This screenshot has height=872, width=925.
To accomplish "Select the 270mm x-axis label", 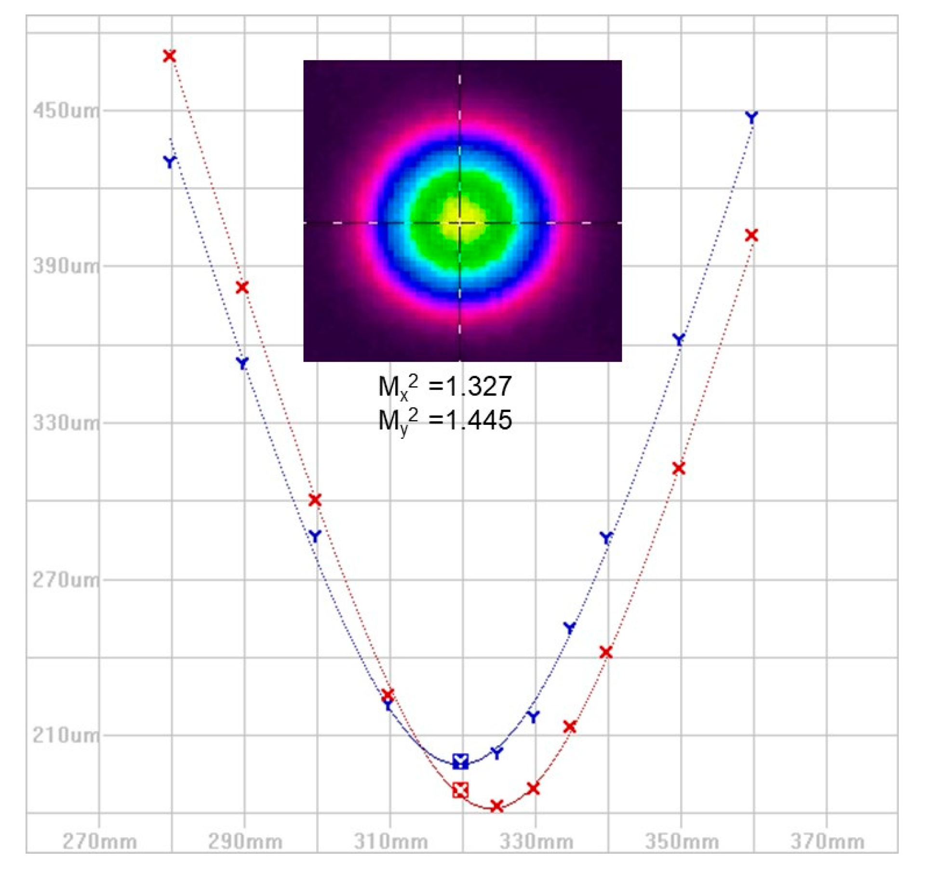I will [x=99, y=842].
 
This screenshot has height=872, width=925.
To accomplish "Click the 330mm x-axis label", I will [x=536, y=842].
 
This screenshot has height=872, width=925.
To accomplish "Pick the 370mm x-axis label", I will [x=827, y=842].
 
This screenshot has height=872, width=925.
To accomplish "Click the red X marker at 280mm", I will [x=169, y=56].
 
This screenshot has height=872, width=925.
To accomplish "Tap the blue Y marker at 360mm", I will [x=751, y=117].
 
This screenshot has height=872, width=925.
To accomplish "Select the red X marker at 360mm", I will [x=751, y=235].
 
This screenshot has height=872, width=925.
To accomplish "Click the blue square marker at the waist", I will [x=461, y=761].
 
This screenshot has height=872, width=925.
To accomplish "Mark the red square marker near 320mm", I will [x=461, y=790].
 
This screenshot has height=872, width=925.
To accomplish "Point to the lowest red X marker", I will [x=497, y=806].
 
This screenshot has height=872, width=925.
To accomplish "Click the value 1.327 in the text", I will [x=479, y=386].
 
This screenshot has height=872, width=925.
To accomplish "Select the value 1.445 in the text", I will [x=479, y=420].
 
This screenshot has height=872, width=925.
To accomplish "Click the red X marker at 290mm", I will [x=242, y=287].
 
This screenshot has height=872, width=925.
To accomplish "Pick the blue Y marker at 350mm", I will [x=679, y=340].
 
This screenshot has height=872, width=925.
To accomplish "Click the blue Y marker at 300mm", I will [x=315, y=536].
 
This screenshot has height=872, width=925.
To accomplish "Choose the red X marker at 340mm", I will [x=606, y=653].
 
